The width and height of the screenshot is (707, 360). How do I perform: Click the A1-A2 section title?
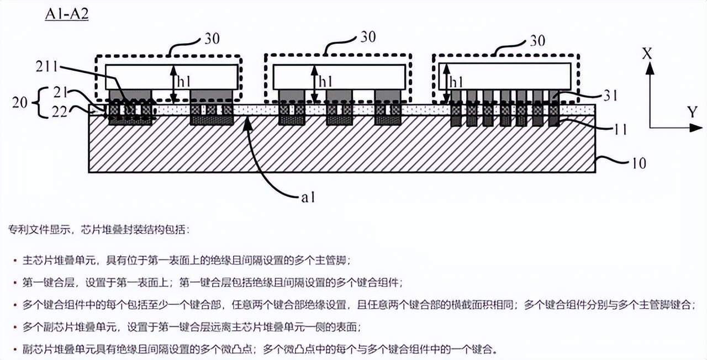point(66,14)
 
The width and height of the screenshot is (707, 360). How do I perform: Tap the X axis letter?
point(648,54)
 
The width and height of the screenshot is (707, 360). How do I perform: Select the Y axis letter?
point(692,113)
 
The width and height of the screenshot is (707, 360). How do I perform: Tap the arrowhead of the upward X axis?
point(650,67)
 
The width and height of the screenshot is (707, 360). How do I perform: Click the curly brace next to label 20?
point(37,103)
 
